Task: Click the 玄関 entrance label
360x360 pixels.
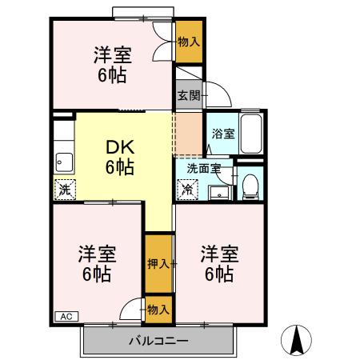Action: coord(189,95)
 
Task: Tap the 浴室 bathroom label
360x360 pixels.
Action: coord(222,134)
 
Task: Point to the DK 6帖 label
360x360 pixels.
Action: coord(119,158)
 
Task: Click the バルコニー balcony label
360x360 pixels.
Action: coord(158,342)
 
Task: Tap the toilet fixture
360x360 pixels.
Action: coord(250,186)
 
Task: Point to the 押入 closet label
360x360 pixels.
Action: coord(158,263)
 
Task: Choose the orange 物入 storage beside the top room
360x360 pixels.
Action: coord(189,40)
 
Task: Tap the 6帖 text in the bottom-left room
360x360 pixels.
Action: coord(97,274)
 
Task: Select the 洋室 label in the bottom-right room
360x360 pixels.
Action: coord(218,254)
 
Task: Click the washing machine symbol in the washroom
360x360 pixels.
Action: coord(187,190)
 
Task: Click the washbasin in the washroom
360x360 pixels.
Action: coord(218,192)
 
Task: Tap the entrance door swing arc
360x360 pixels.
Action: coord(220,95)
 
